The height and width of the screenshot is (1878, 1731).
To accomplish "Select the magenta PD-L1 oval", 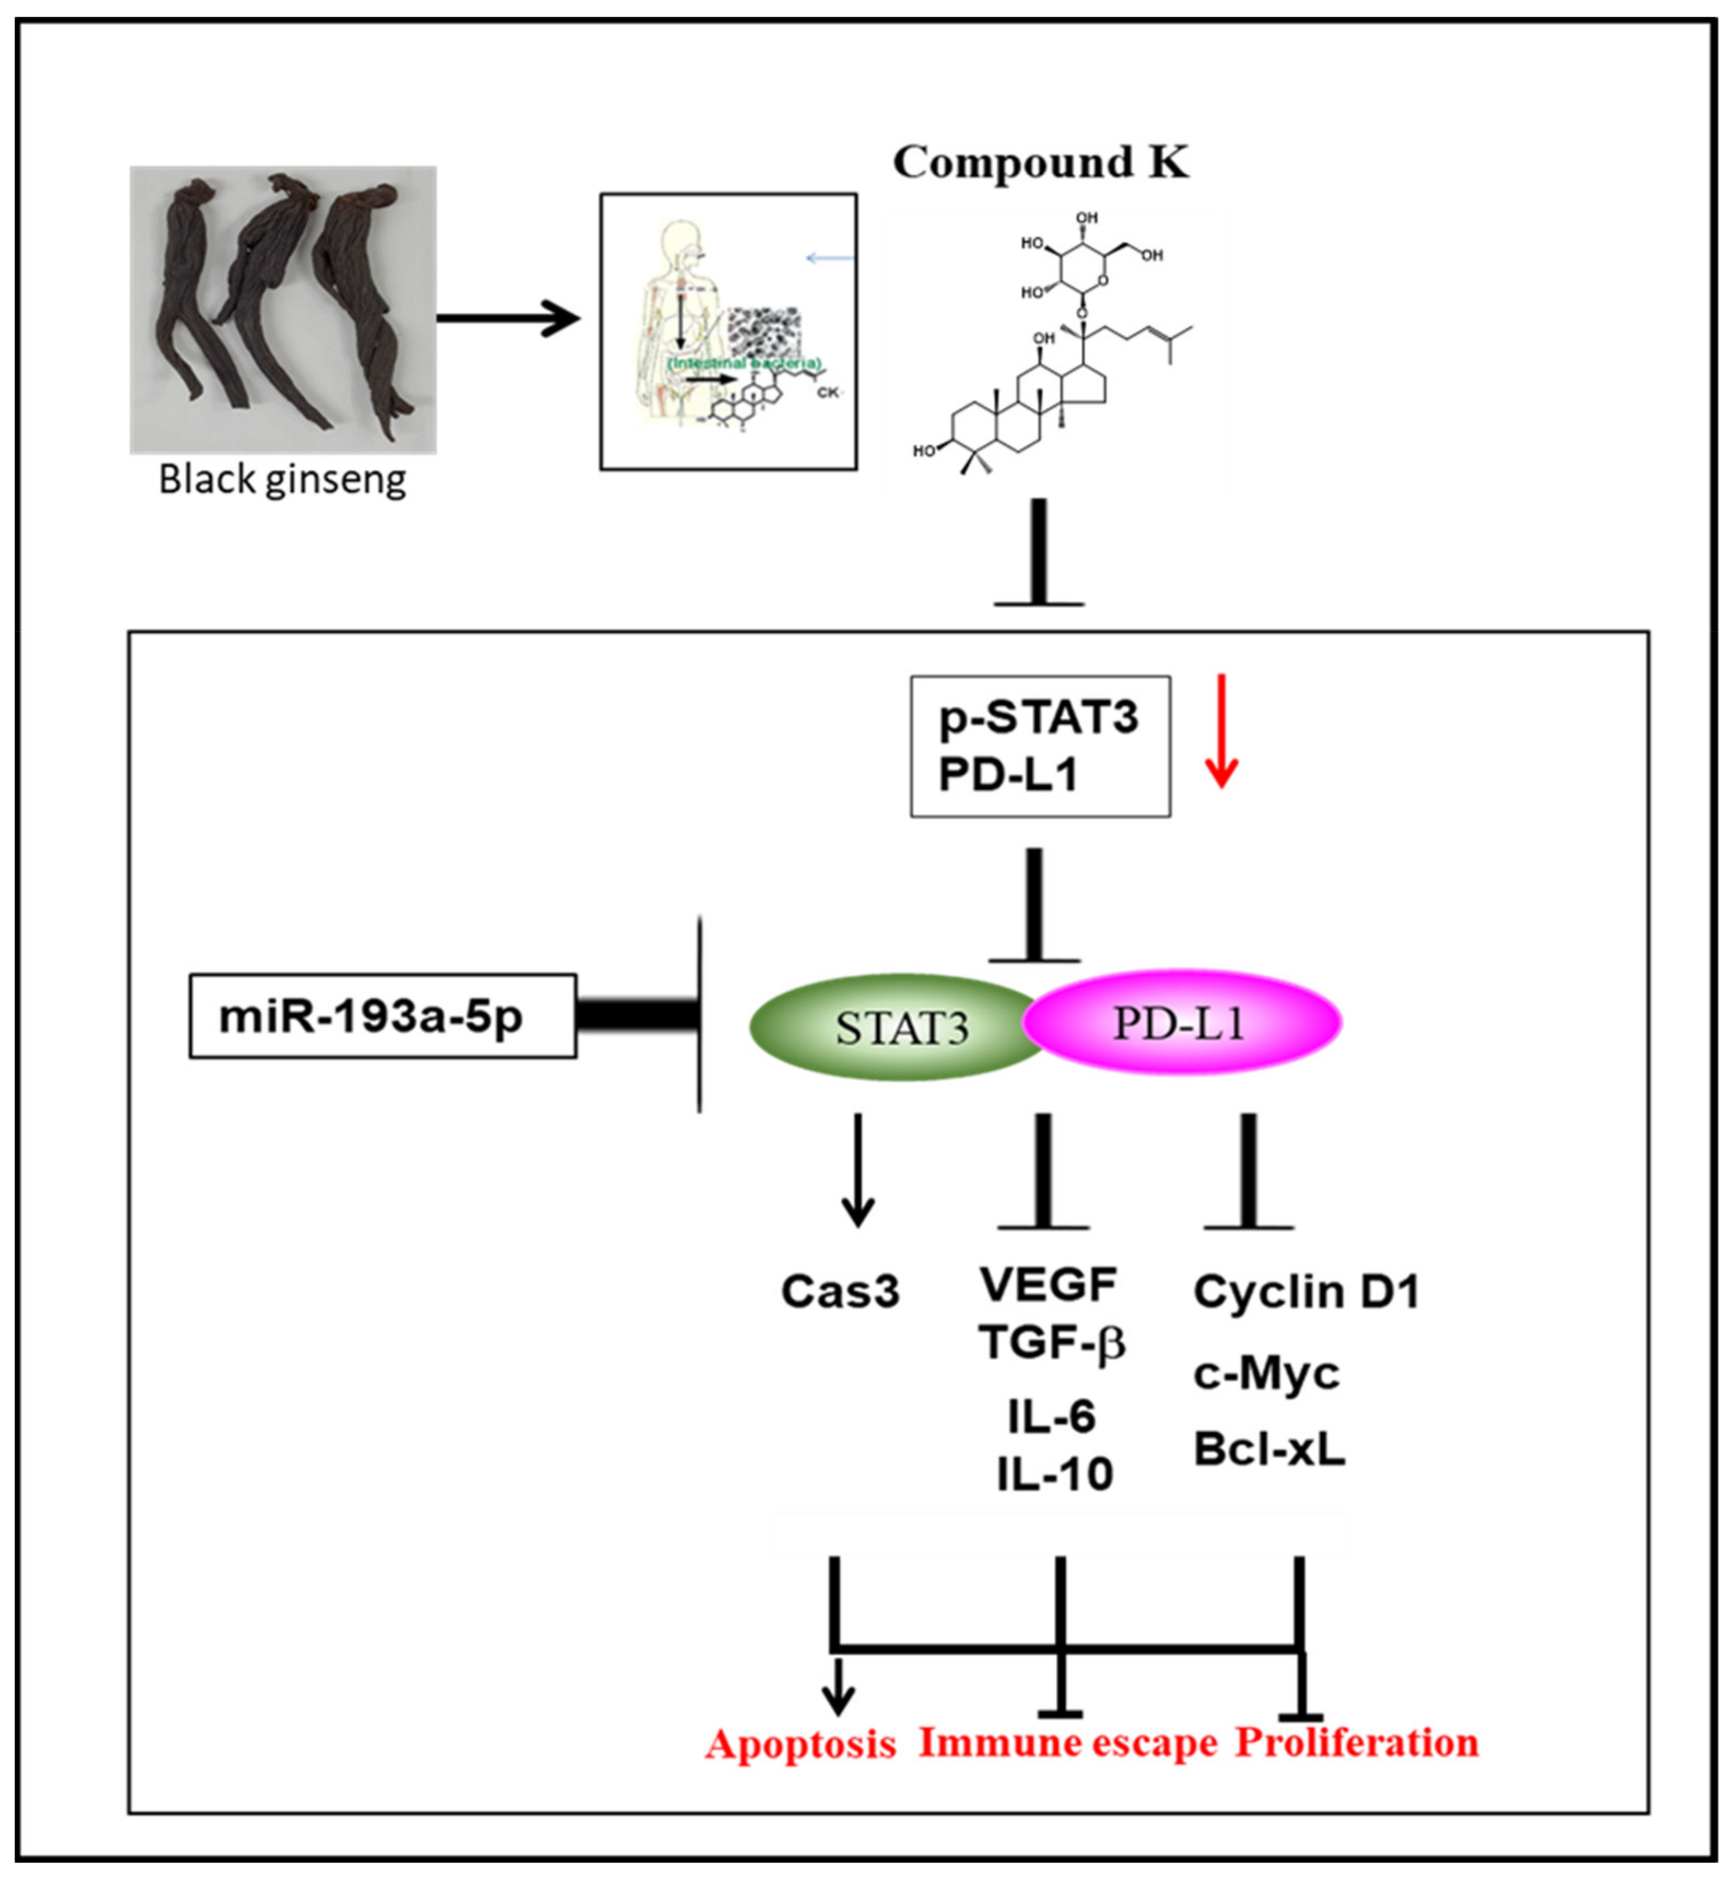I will pos(1182,1023).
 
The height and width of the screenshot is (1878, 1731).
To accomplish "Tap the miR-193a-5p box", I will pos(382,1015).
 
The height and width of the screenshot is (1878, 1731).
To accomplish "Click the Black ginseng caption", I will pos(282,480).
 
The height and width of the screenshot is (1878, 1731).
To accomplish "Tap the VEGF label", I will pos(1048,1284).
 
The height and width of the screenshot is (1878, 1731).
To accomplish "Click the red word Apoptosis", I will pos(801,1744).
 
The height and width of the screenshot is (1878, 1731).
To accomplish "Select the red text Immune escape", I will pos(1068,1742).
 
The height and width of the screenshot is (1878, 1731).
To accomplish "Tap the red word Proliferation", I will pos(1356,1742).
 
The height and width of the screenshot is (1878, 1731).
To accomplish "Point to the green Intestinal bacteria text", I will pos(745,362).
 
